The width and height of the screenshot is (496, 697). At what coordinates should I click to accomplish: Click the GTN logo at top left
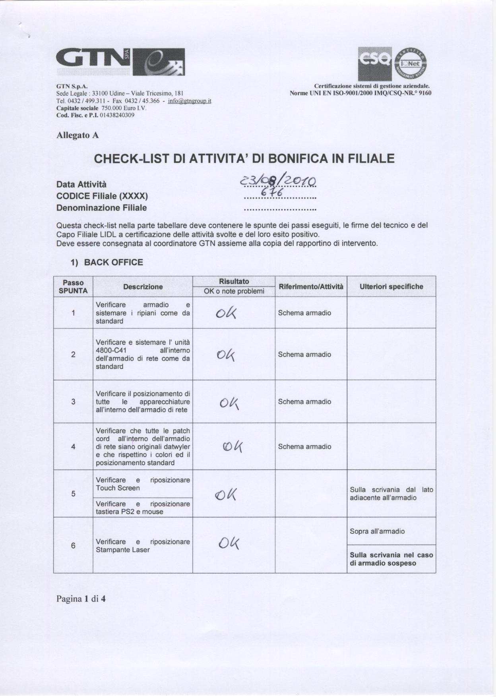120,62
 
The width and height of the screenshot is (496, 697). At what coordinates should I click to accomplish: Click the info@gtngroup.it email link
190,101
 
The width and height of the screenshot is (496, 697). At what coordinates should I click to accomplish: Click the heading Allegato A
77,135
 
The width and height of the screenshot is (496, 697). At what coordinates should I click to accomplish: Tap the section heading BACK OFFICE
113,262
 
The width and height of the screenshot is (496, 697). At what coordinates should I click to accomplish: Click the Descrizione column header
143,287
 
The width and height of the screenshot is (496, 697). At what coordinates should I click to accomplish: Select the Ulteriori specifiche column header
391,287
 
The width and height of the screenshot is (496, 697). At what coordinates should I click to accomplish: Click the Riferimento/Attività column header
311,287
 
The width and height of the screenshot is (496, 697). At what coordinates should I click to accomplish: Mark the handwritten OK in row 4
233,448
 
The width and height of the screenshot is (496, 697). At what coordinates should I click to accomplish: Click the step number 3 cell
73,402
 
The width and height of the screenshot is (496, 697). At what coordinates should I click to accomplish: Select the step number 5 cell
73,494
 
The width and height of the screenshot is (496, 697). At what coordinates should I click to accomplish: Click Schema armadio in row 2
304,354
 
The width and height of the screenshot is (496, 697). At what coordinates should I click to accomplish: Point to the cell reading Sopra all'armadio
377,531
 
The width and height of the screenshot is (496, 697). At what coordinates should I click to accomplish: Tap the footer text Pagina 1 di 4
81,599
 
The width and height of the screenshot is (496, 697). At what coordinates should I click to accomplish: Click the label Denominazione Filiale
101,208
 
